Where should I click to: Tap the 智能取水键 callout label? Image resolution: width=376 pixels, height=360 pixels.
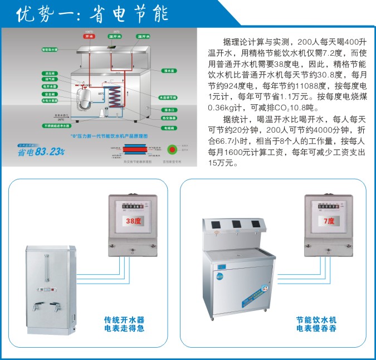(x=50, y=50)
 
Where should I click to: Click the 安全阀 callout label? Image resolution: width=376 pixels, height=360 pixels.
(x=50, y=94)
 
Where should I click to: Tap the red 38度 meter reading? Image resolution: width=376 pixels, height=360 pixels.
(x=133, y=221)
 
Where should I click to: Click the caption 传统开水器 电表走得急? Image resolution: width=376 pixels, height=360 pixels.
(x=124, y=324)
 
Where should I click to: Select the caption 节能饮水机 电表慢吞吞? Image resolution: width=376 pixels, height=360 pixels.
(x=316, y=324)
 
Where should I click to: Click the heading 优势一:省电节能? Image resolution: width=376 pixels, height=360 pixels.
(x=92, y=13)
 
